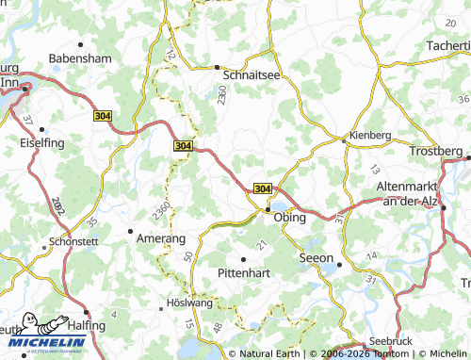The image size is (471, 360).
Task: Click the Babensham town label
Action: [x=80, y=57]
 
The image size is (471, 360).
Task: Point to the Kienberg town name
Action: [x=369, y=135]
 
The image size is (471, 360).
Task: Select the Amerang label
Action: [x=160, y=239]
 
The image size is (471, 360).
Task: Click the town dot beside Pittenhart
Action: [x=243, y=259]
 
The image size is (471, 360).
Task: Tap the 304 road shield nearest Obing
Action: [x=263, y=188]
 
